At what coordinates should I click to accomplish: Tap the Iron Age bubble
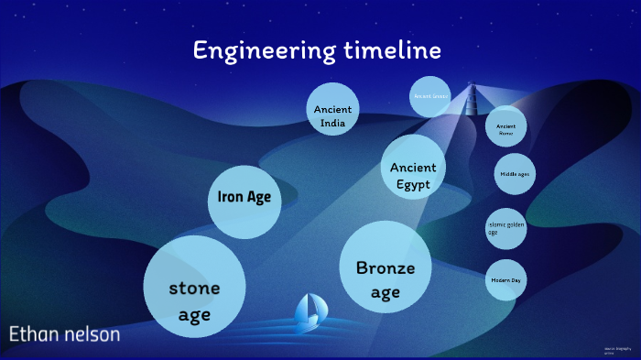coord(244,197)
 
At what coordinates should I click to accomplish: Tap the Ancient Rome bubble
coord(506,130)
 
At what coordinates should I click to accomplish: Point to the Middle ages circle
coord(515,174)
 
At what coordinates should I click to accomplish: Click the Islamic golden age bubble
coord(506,229)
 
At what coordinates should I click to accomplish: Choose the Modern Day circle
coord(505,279)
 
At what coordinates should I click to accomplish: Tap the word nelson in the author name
coord(92,334)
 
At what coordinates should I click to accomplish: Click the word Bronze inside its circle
coord(386,268)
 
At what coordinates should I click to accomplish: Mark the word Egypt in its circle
coord(413,184)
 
